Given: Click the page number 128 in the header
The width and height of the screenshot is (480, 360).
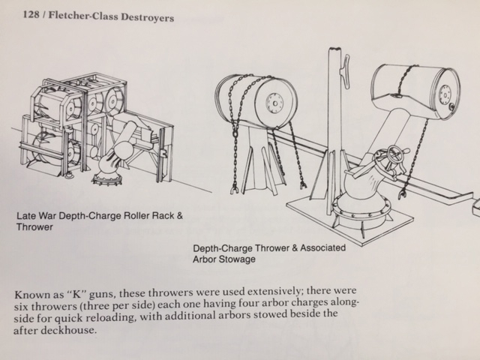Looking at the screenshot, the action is click(31, 14).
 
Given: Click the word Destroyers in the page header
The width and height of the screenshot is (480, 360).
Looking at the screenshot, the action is click(147, 17).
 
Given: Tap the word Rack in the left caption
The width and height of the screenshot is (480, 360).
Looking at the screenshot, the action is click(164, 216).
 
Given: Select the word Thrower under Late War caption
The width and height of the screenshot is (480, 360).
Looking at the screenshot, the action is click(34, 227).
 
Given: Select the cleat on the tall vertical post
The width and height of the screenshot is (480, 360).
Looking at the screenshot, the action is click(345, 72).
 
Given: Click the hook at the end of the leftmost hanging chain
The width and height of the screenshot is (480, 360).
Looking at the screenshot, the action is click(235, 190).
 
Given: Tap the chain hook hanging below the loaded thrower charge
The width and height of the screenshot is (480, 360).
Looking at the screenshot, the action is click(402, 195).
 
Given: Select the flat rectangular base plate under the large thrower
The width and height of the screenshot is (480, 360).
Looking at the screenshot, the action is click(349, 219).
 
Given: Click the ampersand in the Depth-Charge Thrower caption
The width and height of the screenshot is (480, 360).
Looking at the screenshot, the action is click(295, 247).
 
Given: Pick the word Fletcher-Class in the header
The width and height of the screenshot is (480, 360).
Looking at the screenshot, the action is click(83, 16).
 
